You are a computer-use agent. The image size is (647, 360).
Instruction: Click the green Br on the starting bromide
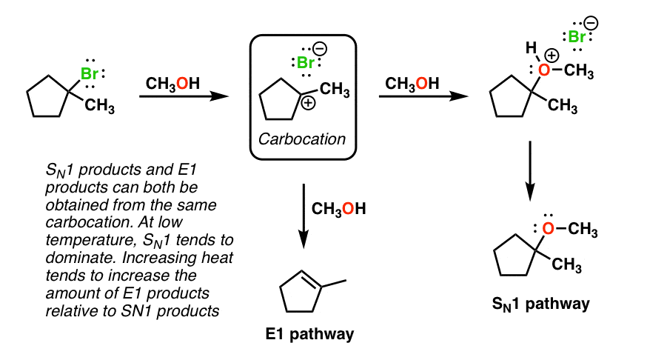point(89,74)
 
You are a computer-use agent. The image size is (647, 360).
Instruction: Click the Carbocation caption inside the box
point(302,139)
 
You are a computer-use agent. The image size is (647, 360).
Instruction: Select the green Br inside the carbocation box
point(306,64)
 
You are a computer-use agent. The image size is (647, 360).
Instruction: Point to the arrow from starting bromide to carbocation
point(182,96)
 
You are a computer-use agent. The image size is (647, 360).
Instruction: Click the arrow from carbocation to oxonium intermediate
point(423,96)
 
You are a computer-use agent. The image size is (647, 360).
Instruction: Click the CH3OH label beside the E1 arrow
point(339,209)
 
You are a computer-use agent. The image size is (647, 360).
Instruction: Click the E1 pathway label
point(309,334)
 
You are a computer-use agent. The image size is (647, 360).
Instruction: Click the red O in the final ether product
point(547,230)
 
